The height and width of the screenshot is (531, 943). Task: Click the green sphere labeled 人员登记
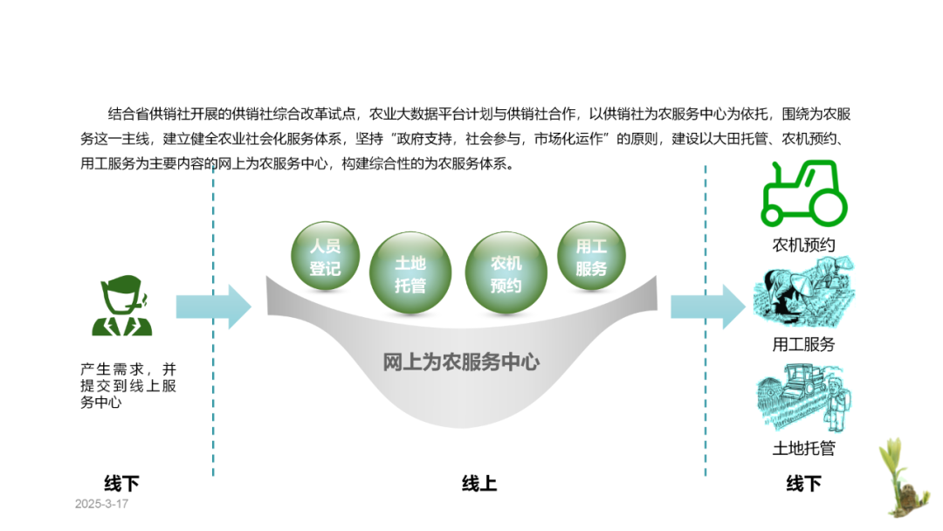tap(324, 256)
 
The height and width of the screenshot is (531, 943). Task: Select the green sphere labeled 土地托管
tap(410, 273)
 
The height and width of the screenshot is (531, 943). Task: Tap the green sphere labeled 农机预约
tap(506, 273)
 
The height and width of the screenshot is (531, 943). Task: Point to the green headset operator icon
tap(122, 306)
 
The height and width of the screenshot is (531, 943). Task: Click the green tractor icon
tap(804, 193)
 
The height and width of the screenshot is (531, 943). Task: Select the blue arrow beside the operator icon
tap(213, 307)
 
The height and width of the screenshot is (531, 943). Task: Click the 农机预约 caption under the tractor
tap(803, 245)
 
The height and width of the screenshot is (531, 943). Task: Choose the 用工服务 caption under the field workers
tap(803, 344)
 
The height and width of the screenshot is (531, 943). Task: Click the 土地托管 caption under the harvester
tap(803, 449)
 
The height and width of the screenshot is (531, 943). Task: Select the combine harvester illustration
tap(803, 399)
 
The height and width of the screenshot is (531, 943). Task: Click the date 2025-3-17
tap(101, 505)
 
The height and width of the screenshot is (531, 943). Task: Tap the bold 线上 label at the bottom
tap(479, 483)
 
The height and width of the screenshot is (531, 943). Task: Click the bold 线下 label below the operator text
tap(121, 483)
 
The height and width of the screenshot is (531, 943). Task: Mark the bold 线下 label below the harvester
tap(803, 483)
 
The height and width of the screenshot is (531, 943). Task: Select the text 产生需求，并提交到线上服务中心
tap(127, 386)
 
